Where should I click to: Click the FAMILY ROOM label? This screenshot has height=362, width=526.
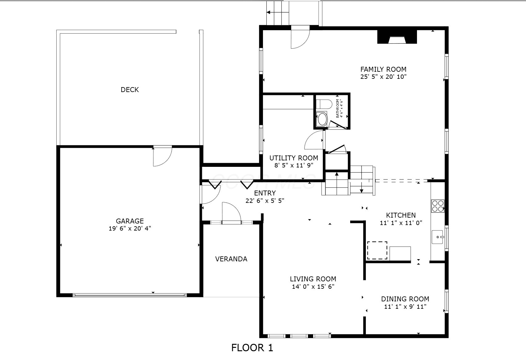click(383, 69)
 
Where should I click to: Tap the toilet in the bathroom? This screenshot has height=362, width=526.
click(324, 104)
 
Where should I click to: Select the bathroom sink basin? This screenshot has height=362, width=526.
click(322, 119)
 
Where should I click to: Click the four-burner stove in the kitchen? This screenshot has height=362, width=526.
click(438, 206)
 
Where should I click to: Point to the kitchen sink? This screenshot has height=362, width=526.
click(438, 237)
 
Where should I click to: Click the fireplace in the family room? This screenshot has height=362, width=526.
click(397, 37)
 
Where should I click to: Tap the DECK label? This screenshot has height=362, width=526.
click(130, 90)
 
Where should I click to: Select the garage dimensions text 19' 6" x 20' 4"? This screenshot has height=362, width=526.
click(130, 228)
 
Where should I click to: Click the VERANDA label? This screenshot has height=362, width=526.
click(231, 259)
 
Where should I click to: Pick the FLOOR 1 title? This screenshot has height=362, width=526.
click(252, 348)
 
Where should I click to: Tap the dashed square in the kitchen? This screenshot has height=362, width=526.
click(377, 251)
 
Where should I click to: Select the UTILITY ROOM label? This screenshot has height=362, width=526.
click(294, 158)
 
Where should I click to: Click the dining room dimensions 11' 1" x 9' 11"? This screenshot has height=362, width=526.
click(405, 307)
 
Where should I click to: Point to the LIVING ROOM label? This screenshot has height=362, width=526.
click(313, 279)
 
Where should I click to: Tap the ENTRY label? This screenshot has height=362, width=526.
click(265, 193)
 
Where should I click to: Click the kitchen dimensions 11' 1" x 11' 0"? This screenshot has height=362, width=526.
click(401, 223)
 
